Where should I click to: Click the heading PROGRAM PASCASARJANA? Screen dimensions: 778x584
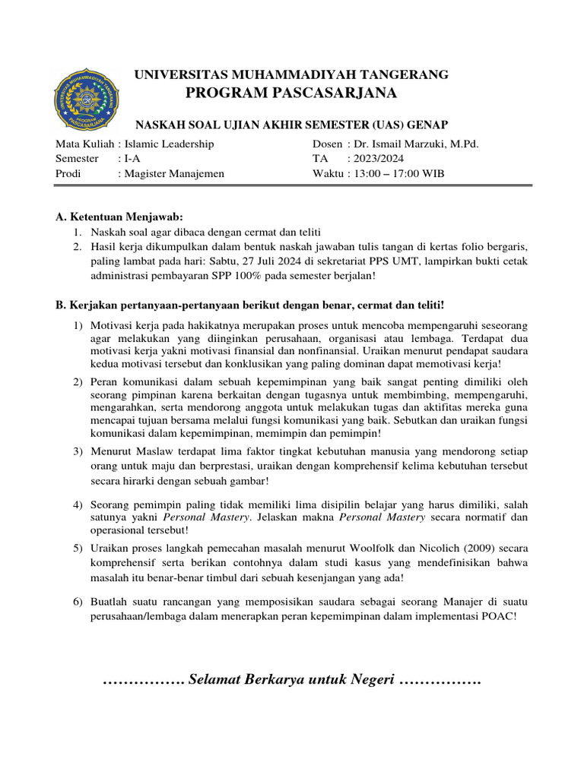pos(291,93)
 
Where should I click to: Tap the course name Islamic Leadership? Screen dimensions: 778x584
pos(168,144)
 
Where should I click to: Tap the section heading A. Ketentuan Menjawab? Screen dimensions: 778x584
pos(119,218)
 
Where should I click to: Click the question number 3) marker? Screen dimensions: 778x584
pos(78,452)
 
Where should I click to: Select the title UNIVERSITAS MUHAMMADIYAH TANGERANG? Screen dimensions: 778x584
pos(291,74)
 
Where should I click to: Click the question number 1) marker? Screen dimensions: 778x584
pos(78,326)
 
